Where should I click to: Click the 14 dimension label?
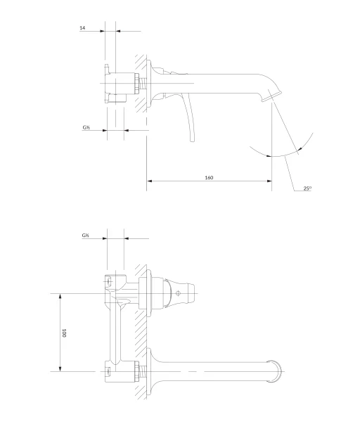click(x=82, y=27)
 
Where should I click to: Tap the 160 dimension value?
click(x=209, y=178)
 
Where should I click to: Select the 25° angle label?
click(x=307, y=188)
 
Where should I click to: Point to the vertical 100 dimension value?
click(x=64, y=333)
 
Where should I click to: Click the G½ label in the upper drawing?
click(x=86, y=127)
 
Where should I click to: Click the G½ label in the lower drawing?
click(x=85, y=236)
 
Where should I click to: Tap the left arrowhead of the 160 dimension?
click(x=150, y=181)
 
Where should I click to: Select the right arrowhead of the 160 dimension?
click(x=269, y=181)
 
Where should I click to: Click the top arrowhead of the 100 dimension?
click(x=60, y=296)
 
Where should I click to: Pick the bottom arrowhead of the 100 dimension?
click(x=60, y=368)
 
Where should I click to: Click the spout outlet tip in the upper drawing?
click(x=271, y=97)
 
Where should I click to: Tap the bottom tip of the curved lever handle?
click(x=193, y=141)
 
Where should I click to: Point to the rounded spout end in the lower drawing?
click(x=276, y=371)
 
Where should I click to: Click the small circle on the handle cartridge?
click(x=178, y=293)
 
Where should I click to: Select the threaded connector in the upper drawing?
click(x=143, y=83)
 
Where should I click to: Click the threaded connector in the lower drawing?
click(x=143, y=371)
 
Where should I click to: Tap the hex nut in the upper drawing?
click(x=137, y=83)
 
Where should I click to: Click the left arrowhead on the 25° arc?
click(x=269, y=156)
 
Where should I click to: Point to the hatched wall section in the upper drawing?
click(x=141, y=83)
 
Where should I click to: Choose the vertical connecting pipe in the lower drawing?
click(x=115, y=333)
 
